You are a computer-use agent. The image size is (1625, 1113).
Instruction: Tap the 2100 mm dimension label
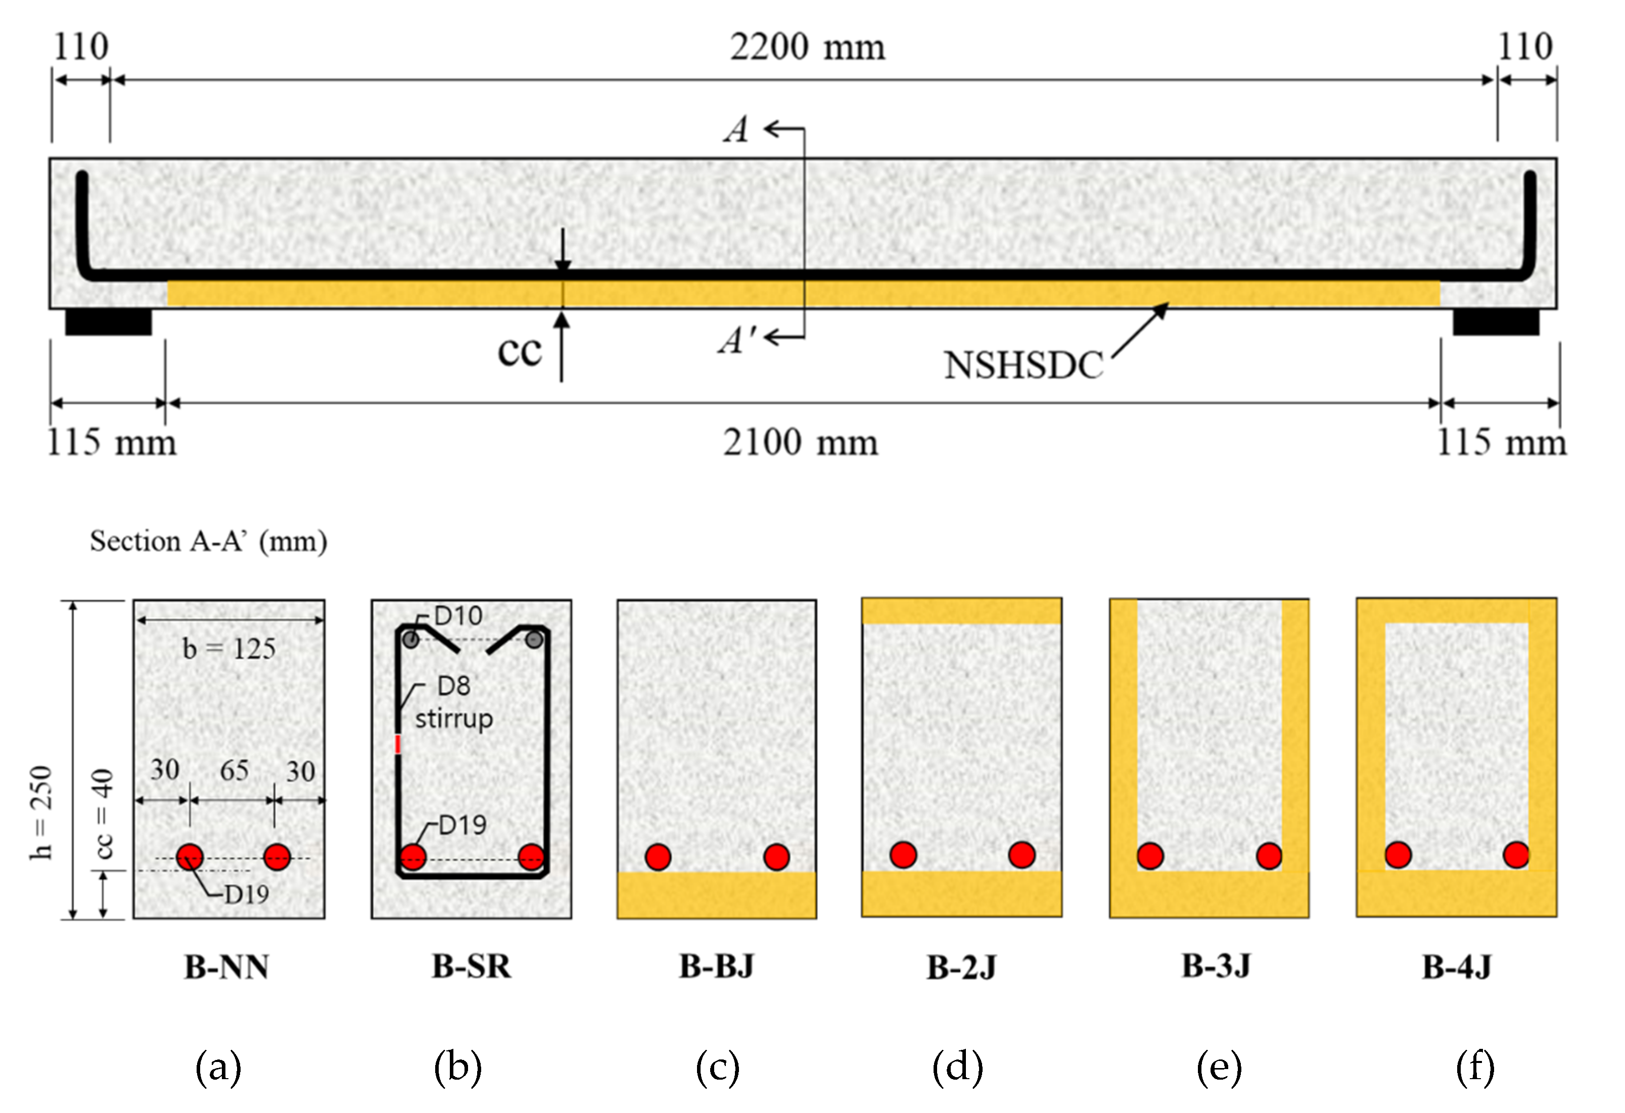(x=800, y=443)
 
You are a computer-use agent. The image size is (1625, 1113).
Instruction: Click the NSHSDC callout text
(x=1023, y=365)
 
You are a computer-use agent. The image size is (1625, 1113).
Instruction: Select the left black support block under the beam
(x=108, y=322)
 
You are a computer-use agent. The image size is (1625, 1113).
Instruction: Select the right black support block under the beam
(x=1496, y=322)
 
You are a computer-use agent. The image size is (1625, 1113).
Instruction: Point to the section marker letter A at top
(x=736, y=130)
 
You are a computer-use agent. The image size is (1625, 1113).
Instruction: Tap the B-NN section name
(x=226, y=967)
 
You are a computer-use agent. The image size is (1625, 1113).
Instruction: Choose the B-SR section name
(x=471, y=966)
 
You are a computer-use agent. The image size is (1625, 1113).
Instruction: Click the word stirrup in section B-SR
(x=454, y=719)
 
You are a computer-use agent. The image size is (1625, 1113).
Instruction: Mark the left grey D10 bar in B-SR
(x=411, y=639)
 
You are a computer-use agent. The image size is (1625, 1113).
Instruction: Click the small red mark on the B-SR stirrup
(x=398, y=744)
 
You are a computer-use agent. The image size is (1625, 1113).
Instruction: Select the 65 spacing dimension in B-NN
(x=234, y=770)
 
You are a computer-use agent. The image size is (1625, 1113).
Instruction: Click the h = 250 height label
(x=42, y=812)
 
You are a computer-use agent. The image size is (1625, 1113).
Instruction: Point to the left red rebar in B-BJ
(x=658, y=856)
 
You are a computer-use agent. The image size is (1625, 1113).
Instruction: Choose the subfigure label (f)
(x=1475, y=1068)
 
